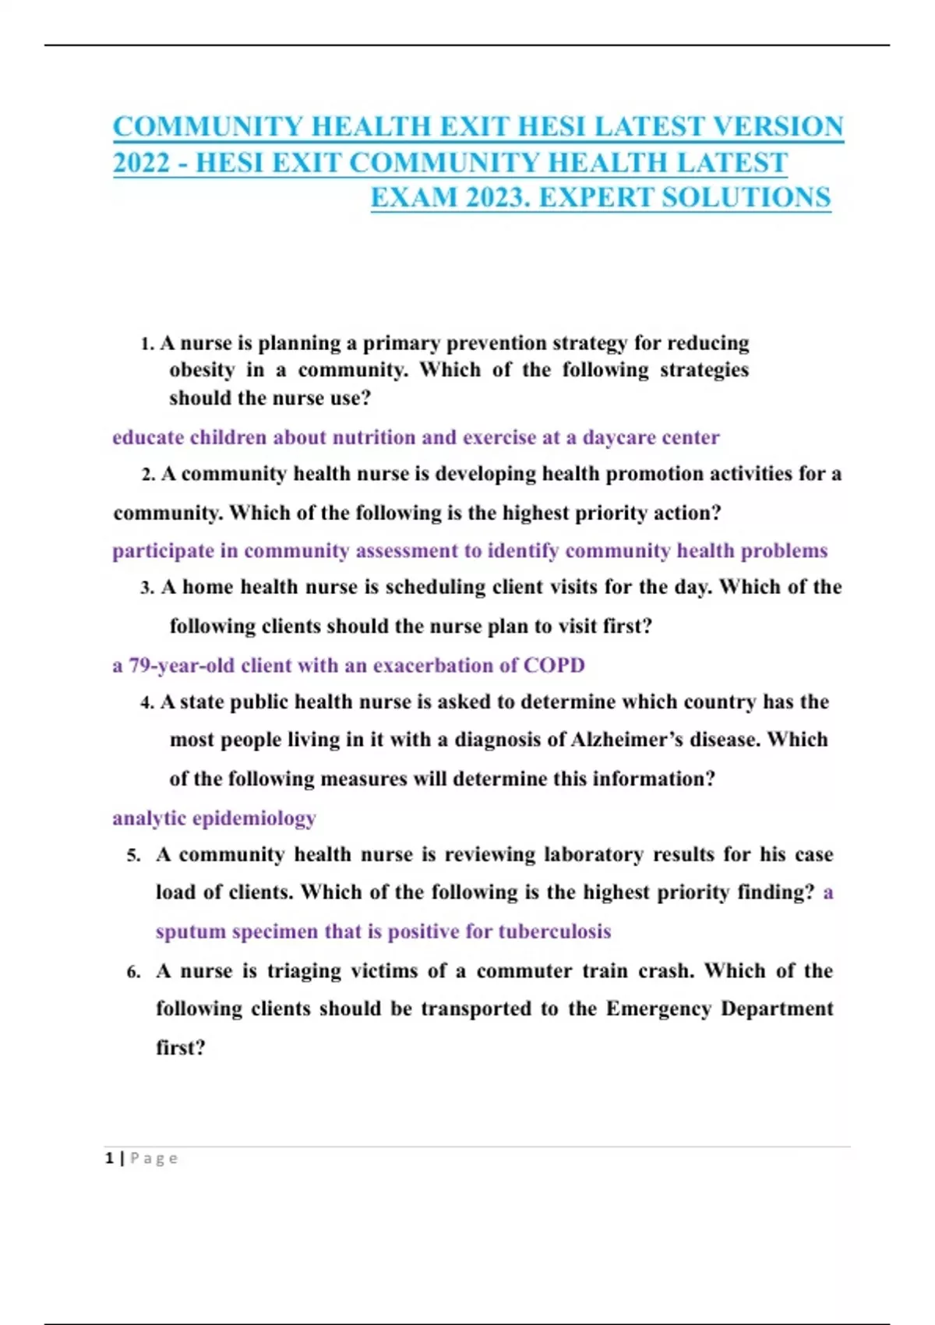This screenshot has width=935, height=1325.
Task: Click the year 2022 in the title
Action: [x=141, y=163]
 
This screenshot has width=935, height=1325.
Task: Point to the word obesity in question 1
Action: [x=202, y=369]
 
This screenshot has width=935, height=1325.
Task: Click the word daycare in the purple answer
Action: [x=619, y=437]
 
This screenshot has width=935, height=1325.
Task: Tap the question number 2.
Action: [x=148, y=475]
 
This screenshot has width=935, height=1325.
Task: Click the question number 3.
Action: [x=147, y=588]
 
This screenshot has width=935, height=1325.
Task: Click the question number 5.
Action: [x=133, y=855]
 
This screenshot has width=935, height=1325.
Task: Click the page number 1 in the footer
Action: [x=109, y=1159]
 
